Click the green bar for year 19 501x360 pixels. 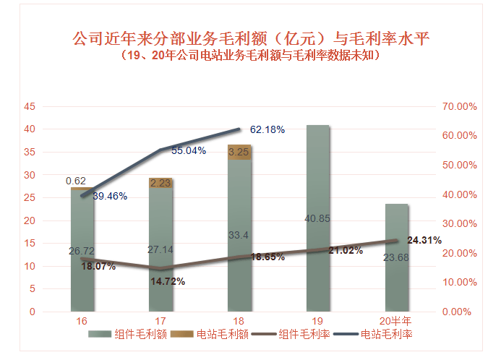318,217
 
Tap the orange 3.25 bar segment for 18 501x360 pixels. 239,153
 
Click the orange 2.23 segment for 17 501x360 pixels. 161,183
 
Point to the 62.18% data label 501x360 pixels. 267,130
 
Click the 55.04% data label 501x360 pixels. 189,151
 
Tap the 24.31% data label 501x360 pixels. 424,240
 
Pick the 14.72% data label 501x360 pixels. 168,281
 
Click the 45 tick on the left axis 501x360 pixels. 30,106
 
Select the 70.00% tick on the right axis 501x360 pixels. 460,106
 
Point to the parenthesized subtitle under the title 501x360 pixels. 251,56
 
